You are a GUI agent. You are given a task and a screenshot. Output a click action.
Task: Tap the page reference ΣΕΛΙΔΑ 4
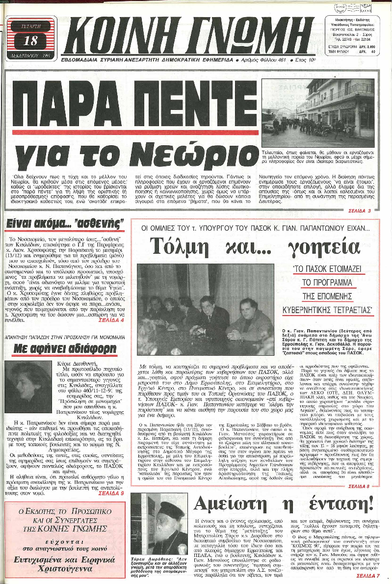click(x=111, y=319)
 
